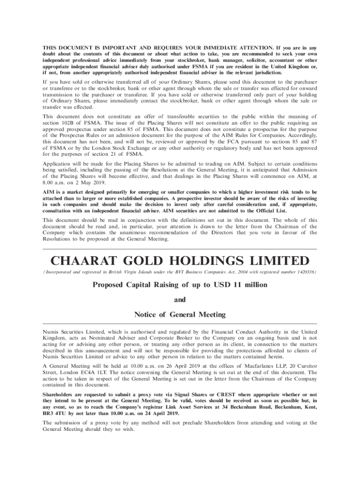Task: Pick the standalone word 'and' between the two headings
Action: point(180,299)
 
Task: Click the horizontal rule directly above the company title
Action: point(180,249)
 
